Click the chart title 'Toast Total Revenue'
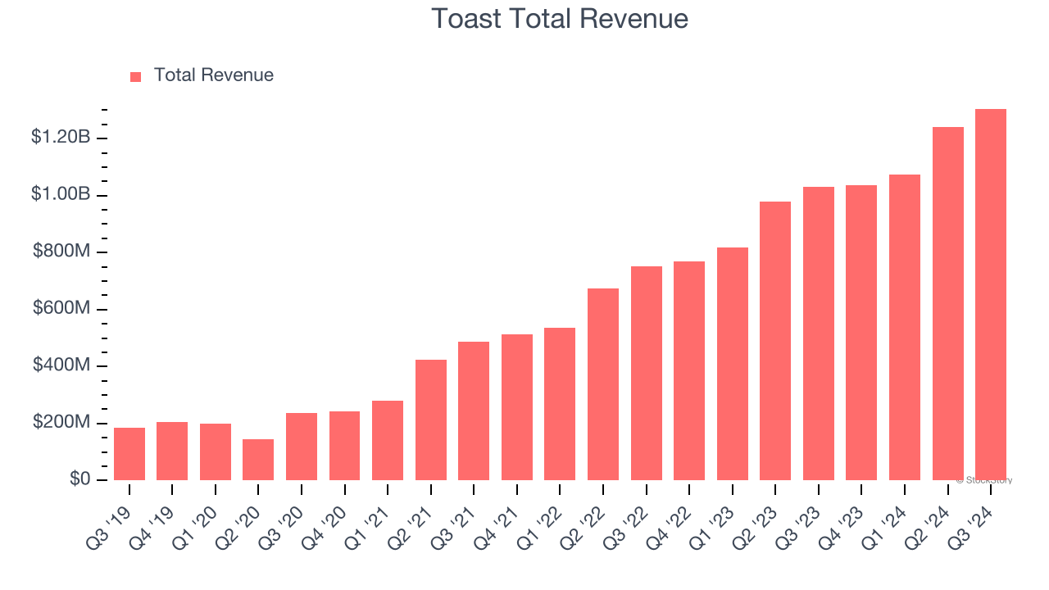pos(560,18)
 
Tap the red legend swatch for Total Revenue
pos(136,76)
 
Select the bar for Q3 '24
pos(991,295)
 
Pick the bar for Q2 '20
pos(258,460)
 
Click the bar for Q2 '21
pos(431,420)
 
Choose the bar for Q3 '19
pos(129,454)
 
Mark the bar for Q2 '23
pos(775,341)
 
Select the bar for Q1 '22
pos(560,404)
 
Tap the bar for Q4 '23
pos(861,333)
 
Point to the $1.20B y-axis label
pos(61,138)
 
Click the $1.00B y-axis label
pos(61,194)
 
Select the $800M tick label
pos(61,252)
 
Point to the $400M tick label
pos(61,365)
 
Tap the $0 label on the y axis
pos(79,479)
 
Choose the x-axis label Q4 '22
pos(674,516)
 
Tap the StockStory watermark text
pos(984,480)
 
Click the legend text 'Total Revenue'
pos(214,75)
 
